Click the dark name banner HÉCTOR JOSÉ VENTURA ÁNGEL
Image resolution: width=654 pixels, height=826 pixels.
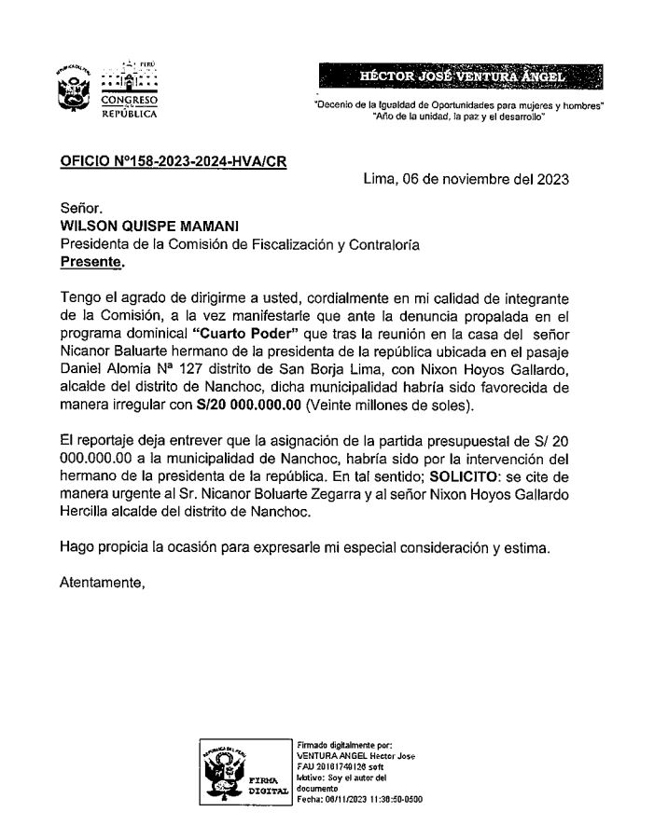coord(461,76)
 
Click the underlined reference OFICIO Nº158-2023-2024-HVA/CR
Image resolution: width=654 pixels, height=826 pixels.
coord(173,161)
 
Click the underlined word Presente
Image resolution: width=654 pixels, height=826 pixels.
coord(91,262)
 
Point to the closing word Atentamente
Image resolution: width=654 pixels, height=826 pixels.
coord(103,584)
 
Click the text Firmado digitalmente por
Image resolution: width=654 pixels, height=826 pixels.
coord(338,744)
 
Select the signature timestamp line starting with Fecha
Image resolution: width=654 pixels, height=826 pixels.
coord(359,799)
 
